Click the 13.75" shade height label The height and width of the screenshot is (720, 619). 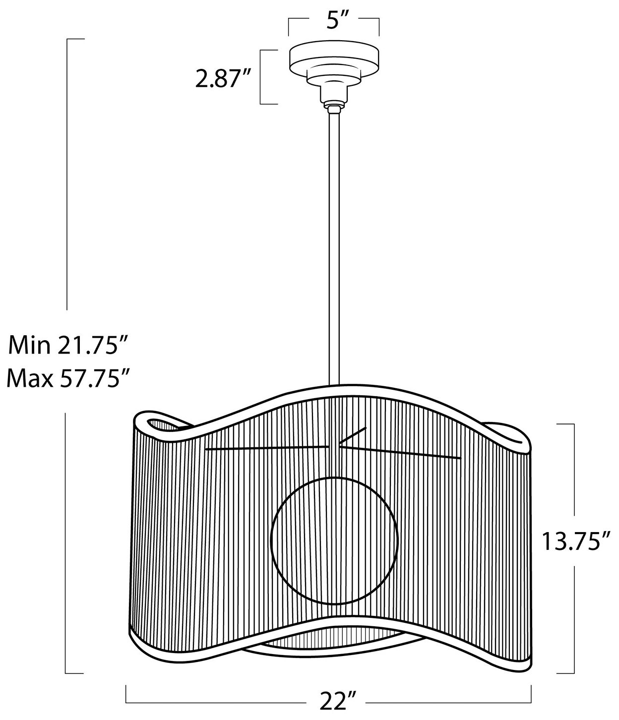(575, 542)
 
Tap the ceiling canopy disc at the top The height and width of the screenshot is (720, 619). (334, 56)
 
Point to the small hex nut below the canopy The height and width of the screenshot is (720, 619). (334, 106)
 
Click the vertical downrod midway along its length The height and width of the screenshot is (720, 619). (333, 248)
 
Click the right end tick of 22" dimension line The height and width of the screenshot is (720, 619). (531, 694)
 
